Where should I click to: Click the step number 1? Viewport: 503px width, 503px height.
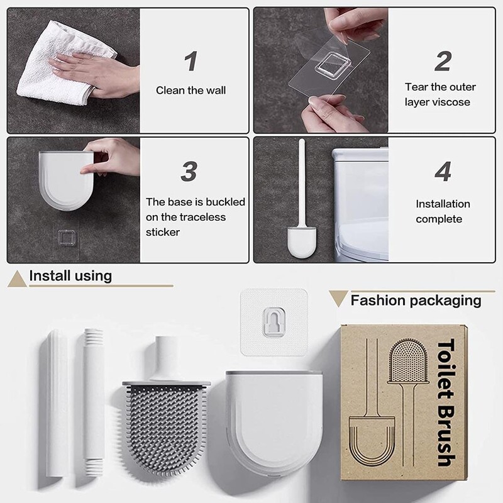[191, 62]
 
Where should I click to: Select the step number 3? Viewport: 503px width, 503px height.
[190, 172]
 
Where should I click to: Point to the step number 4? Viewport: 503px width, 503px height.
[443, 172]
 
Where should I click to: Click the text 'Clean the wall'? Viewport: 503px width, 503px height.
[191, 91]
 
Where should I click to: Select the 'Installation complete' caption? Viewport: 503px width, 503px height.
[443, 211]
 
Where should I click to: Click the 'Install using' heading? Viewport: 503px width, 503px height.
[70, 275]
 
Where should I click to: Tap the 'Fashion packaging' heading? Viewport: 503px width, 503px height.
[416, 300]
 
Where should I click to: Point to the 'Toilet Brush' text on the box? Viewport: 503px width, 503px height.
[445, 402]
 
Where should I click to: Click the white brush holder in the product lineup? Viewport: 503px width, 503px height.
[274, 428]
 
